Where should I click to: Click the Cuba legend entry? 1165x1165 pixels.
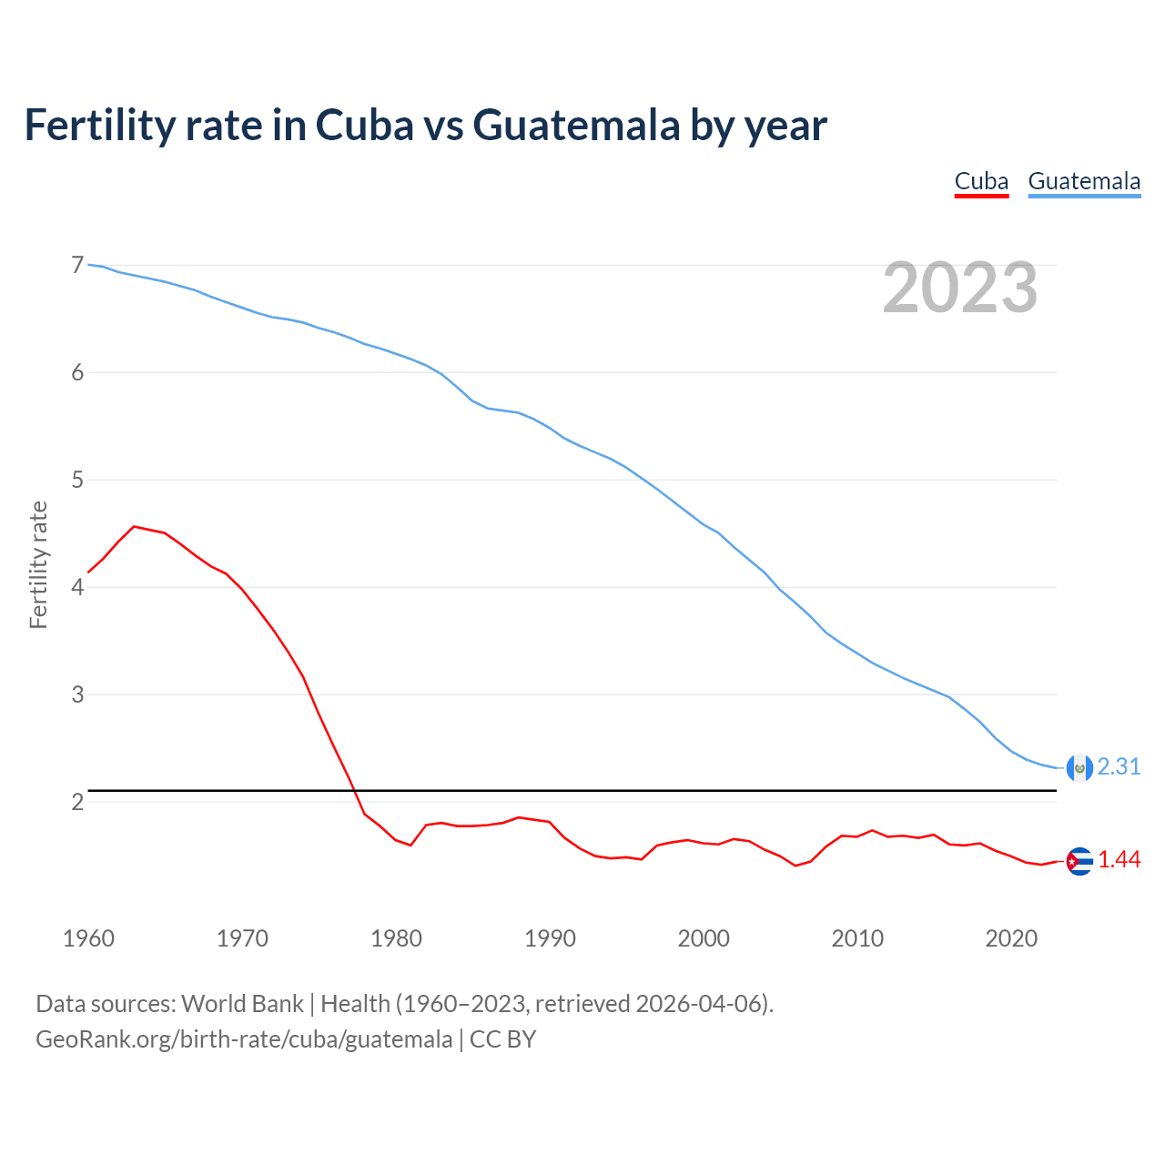point(981,181)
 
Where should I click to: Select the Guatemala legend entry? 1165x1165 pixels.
point(1084,181)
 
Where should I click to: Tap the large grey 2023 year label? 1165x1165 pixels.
point(959,288)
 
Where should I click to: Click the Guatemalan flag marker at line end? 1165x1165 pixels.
point(1079,768)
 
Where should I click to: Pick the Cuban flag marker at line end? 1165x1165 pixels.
point(1079,861)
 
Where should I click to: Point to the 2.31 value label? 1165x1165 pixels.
point(1119,767)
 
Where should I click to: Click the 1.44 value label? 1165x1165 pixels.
point(1119,860)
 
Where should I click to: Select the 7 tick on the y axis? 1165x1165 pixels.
point(77,265)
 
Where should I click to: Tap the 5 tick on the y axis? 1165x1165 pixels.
point(77,480)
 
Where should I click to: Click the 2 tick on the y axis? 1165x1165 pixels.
point(77,802)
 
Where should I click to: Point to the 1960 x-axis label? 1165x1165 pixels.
point(88,938)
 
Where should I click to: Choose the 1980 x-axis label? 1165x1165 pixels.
point(396,938)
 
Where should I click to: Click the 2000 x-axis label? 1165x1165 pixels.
point(704,938)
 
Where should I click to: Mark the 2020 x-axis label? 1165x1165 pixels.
point(1011,938)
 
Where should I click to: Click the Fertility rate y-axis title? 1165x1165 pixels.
point(38,564)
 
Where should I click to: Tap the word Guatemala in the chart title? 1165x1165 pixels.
point(577,125)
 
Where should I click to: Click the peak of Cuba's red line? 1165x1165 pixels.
point(135,526)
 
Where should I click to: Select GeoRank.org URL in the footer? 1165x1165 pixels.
point(244,1038)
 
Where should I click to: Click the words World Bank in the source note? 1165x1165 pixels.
point(242,1004)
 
